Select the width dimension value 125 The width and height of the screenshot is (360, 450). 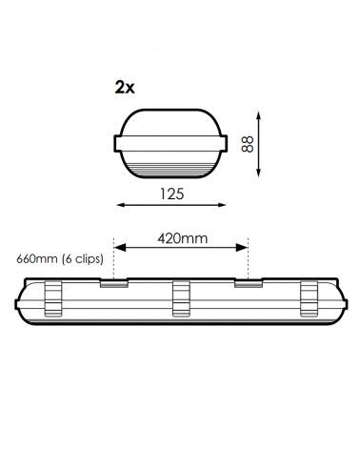tap(172, 194)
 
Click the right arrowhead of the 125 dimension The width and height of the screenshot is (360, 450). tap(226, 204)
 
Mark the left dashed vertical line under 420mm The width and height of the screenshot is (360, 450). tap(113, 262)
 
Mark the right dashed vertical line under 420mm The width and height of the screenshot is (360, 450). tap(249, 262)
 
